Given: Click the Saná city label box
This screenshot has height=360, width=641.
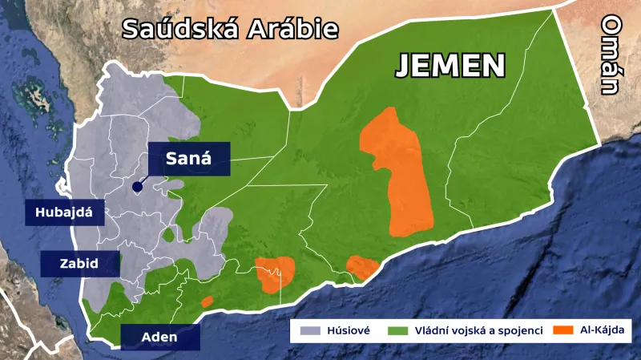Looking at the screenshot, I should (x=189, y=158).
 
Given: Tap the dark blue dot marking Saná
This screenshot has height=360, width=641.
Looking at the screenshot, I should (x=137, y=187).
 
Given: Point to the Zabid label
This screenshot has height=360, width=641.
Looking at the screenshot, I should (x=79, y=263).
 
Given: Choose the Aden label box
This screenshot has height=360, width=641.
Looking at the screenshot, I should (x=159, y=337).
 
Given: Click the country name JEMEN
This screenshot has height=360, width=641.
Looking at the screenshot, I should (x=451, y=66).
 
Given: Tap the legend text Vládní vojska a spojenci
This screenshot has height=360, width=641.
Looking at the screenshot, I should (x=478, y=330).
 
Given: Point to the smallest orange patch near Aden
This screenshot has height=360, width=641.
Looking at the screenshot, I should (x=207, y=302).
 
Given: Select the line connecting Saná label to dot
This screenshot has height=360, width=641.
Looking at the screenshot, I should (x=143, y=180).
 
